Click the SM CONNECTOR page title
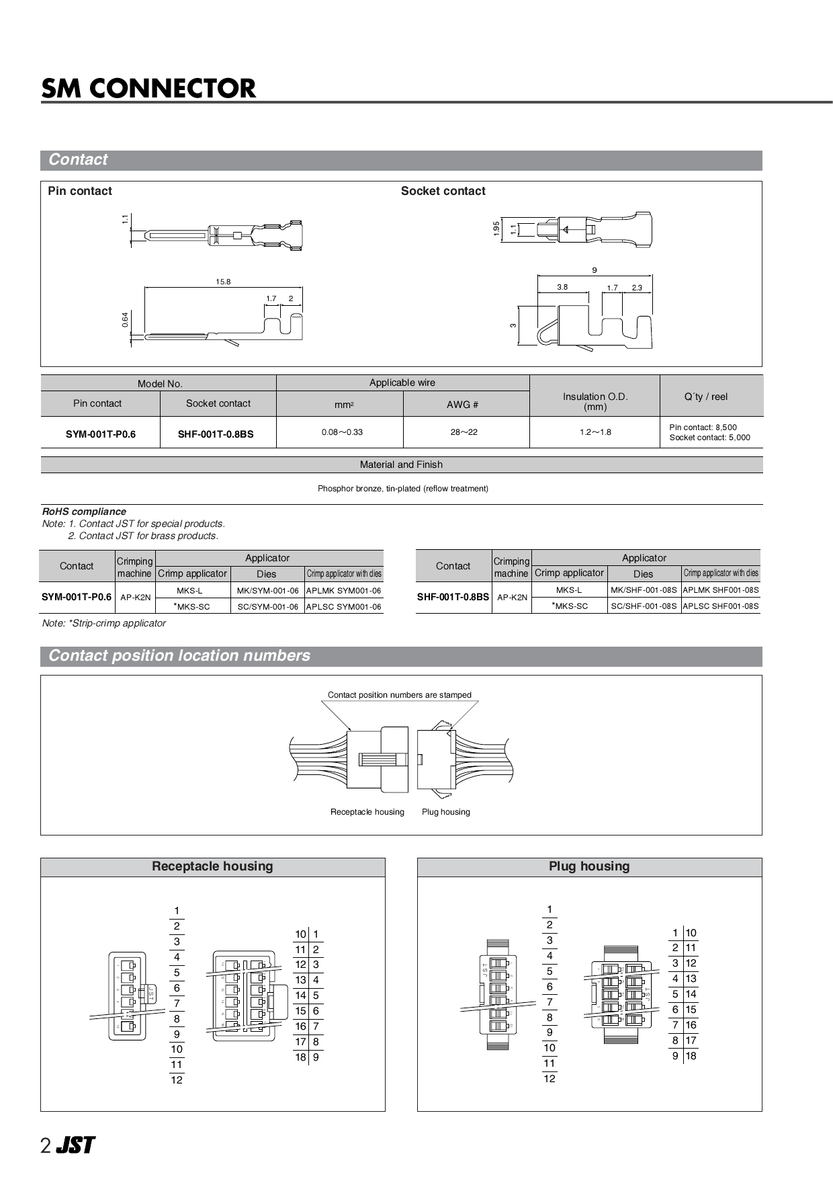point(148,89)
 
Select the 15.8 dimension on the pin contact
point(223,282)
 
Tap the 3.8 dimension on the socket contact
point(562,287)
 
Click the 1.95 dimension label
point(496,229)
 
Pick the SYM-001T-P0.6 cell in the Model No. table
point(101,434)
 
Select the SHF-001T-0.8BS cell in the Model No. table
point(216,434)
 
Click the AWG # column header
point(463,405)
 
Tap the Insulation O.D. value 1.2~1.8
point(595,432)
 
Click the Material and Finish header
point(401,464)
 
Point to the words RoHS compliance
point(84,512)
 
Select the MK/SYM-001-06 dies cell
point(268,590)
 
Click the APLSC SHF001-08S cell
point(720,606)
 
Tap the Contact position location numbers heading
point(179,655)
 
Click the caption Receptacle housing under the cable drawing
point(367,812)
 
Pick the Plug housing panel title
point(589,866)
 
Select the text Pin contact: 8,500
point(703,427)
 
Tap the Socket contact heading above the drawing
point(443,191)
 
